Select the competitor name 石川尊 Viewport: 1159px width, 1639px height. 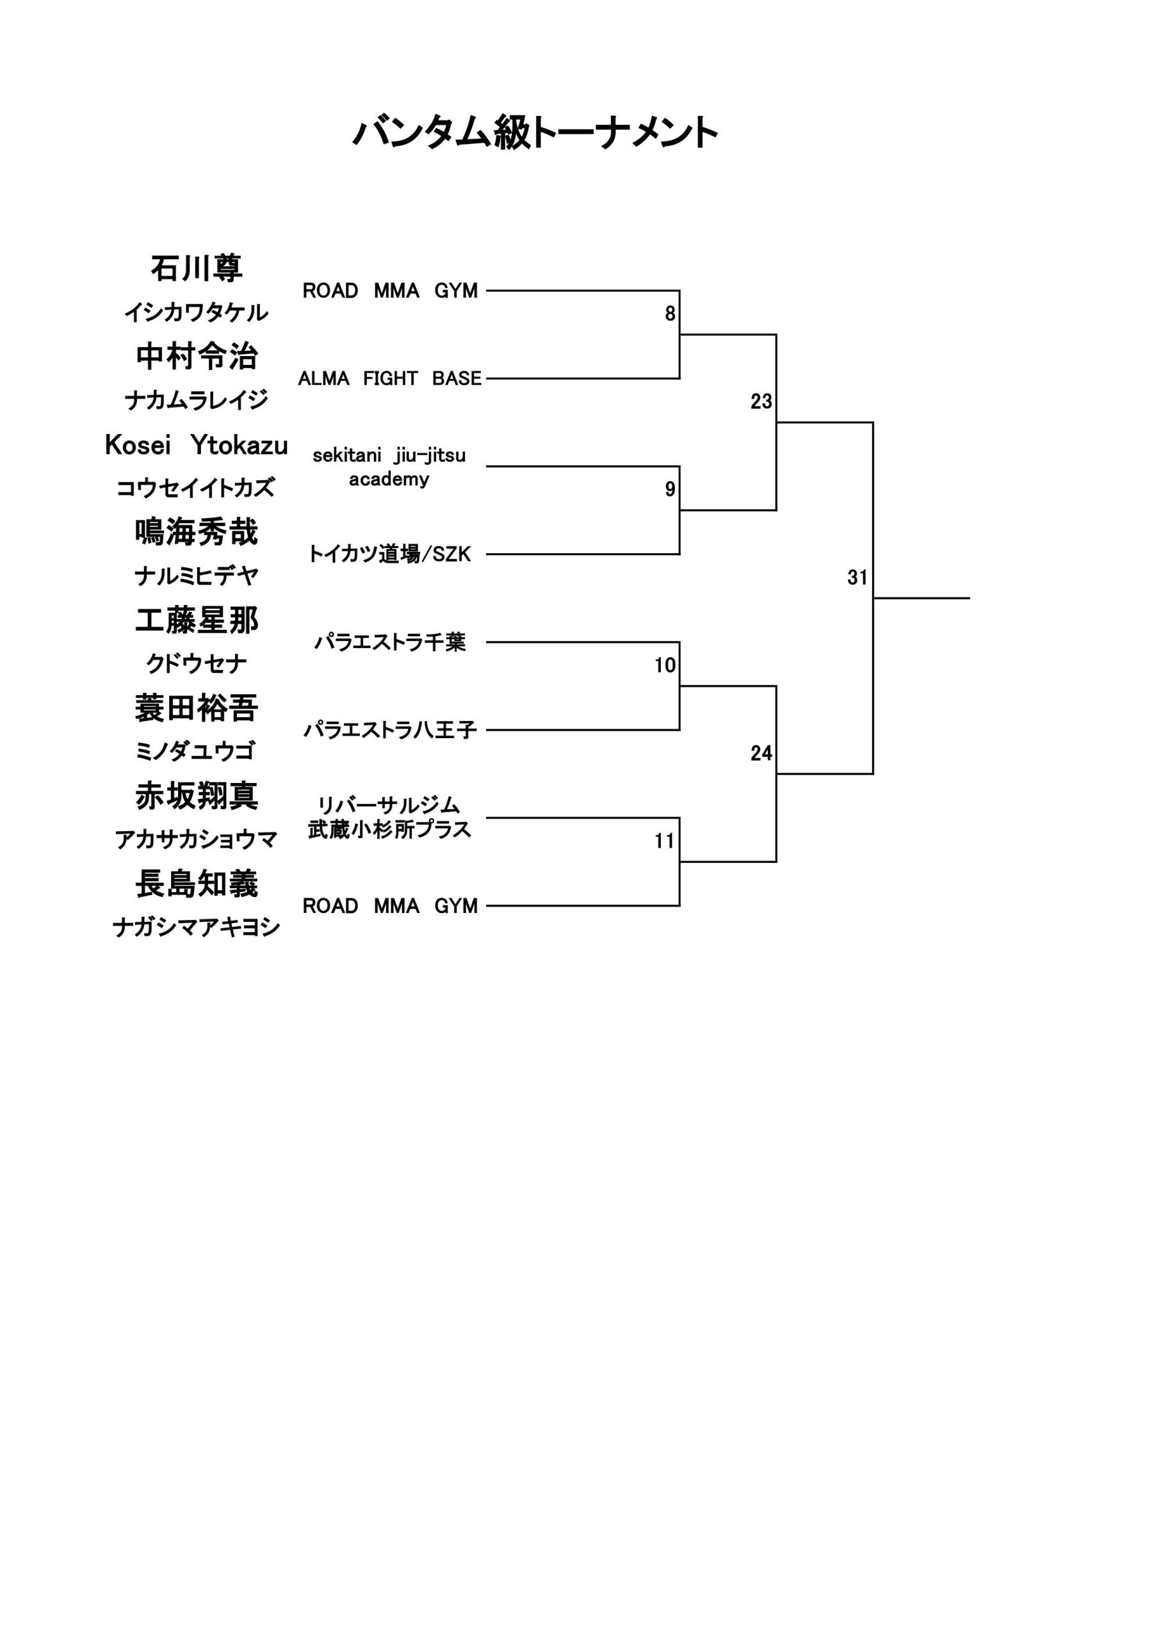[x=197, y=268]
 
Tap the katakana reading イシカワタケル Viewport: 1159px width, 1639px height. [x=197, y=312]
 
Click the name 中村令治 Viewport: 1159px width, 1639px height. [x=197, y=356]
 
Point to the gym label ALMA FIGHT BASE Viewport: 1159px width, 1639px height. [x=390, y=378]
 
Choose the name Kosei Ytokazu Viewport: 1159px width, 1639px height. [x=197, y=445]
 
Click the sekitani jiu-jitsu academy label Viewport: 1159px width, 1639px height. [x=389, y=467]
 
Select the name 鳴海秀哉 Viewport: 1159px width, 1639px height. [x=197, y=532]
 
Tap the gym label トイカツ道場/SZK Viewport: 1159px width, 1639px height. [x=389, y=554]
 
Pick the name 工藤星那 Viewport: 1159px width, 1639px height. [x=197, y=620]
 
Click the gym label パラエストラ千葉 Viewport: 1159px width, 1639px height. [x=390, y=642]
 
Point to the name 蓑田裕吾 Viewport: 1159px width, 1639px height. [x=197, y=708]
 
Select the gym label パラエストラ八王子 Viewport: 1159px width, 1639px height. [x=390, y=731]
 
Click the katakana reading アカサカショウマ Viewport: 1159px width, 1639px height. [x=197, y=840]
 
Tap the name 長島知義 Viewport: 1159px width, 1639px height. [x=197, y=884]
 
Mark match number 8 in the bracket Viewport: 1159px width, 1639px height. [x=670, y=314]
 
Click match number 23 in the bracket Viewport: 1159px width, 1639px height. [x=761, y=402]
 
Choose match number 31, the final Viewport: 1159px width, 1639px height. [x=857, y=577]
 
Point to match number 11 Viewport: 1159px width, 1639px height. [x=665, y=841]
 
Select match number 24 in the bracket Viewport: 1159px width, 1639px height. [x=761, y=753]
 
